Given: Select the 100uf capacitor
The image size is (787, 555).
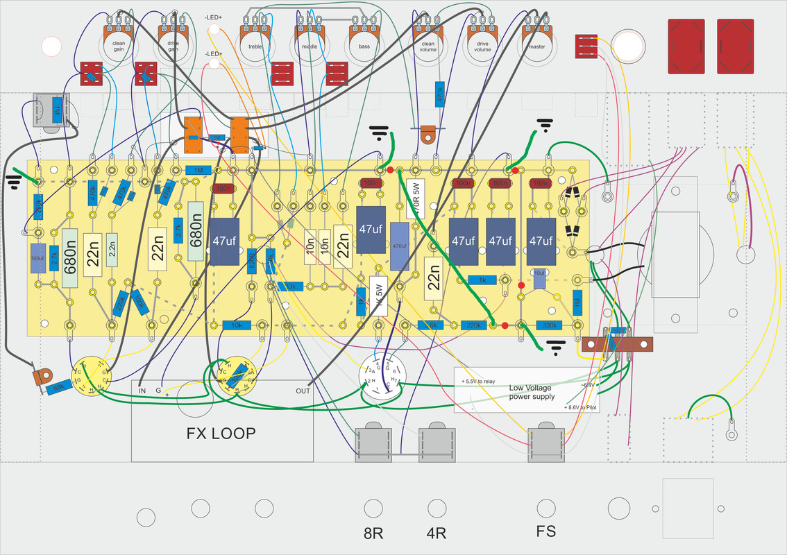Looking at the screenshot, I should point(37,259).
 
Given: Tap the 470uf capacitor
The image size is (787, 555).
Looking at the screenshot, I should point(399,246).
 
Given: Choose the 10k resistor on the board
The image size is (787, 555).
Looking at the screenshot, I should point(237,325).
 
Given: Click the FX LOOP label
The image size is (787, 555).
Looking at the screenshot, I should point(221,434).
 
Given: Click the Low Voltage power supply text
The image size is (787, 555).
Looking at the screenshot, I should point(532,392).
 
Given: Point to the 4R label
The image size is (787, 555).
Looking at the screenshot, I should point(435,534).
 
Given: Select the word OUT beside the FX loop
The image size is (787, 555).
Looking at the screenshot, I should point(303,391).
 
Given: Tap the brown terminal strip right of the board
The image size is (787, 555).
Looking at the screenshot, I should point(618,344).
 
